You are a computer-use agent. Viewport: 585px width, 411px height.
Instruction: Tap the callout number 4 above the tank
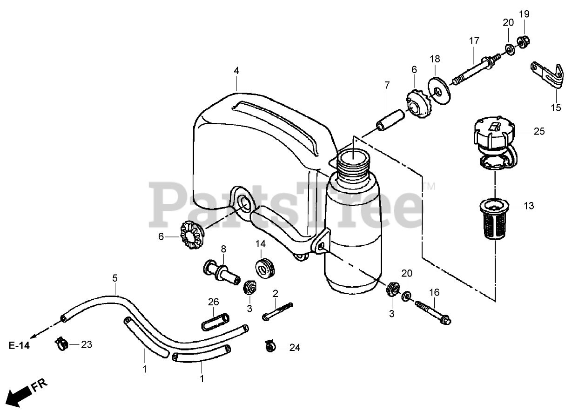(x=236, y=71)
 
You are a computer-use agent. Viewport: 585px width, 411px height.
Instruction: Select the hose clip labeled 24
(x=270, y=345)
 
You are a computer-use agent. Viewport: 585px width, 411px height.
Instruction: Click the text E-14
(x=19, y=346)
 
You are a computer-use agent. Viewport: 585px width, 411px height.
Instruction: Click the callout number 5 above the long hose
(x=114, y=279)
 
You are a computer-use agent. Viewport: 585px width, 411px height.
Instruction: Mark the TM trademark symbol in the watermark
(x=429, y=187)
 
